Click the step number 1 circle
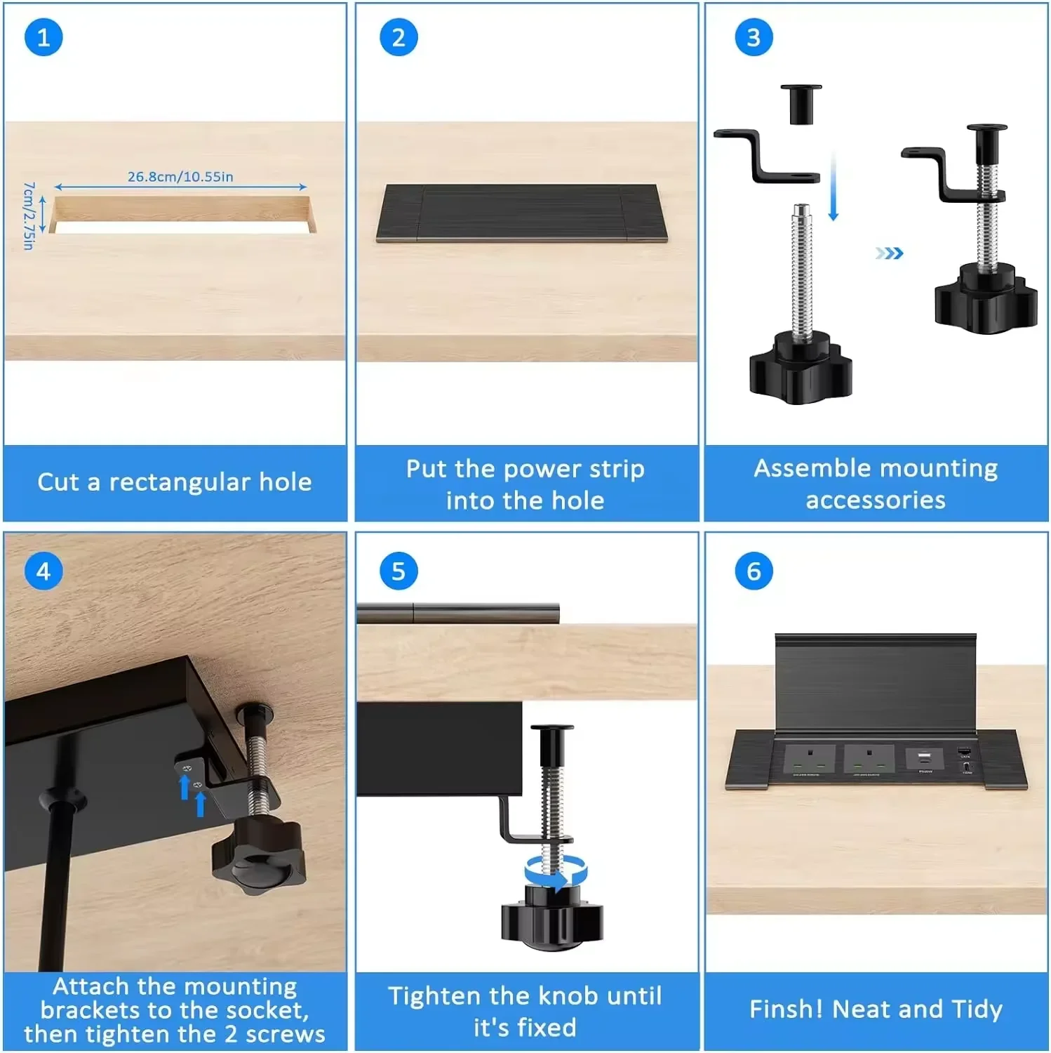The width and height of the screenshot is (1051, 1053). coord(43,37)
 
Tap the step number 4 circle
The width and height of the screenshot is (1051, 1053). coord(43,571)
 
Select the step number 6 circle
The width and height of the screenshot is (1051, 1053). coord(754,571)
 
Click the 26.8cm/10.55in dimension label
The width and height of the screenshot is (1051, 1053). coord(180,177)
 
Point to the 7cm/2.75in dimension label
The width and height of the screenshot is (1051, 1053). coord(29,216)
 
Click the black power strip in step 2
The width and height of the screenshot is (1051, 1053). coord(521,213)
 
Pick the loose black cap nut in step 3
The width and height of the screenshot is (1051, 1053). coord(801,103)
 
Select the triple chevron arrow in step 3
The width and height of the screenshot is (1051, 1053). coord(890,253)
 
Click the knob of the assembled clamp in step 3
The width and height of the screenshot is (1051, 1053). coord(985,300)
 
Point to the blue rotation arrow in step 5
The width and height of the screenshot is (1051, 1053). coord(556,873)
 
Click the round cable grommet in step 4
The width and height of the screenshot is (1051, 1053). coord(62,800)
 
